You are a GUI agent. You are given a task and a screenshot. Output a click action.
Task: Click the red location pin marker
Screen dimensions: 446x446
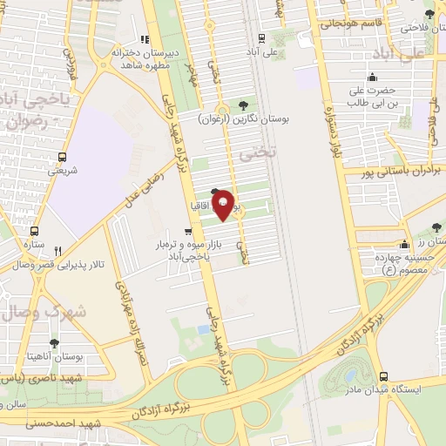click(224, 206)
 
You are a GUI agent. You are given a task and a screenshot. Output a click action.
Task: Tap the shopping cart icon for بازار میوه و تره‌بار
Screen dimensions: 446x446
click(188, 232)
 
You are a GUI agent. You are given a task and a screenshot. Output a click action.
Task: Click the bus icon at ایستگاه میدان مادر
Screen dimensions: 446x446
click(383, 376)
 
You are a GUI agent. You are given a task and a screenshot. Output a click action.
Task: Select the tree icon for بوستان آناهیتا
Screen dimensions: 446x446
click(54, 343)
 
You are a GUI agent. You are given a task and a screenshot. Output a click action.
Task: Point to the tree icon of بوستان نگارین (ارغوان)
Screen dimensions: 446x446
click(254, 104)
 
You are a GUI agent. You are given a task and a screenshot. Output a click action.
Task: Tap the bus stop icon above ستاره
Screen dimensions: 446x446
click(35, 232)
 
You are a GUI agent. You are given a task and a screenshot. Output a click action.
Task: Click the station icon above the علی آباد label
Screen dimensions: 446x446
click(261, 38)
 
